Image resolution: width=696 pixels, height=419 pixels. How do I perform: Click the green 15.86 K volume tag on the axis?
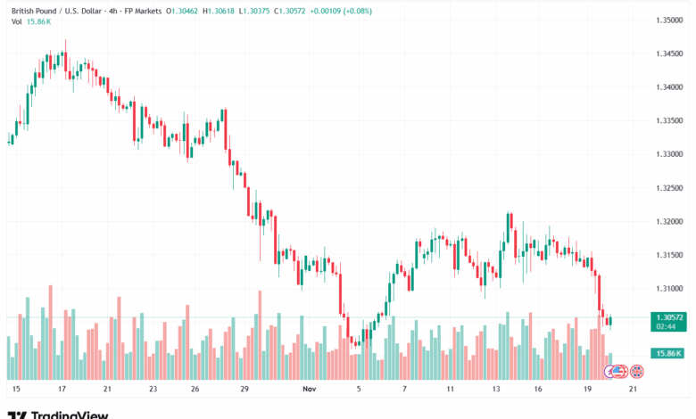click(x=668, y=354)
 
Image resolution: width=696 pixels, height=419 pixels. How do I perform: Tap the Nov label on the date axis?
click(x=310, y=390)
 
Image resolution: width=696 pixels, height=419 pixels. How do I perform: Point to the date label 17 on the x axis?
click(x=61, y=390)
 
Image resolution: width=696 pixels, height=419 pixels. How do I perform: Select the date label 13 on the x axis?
click(x=496, y=390)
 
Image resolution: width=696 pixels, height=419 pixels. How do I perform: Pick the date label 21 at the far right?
click(x=633, y=390)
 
